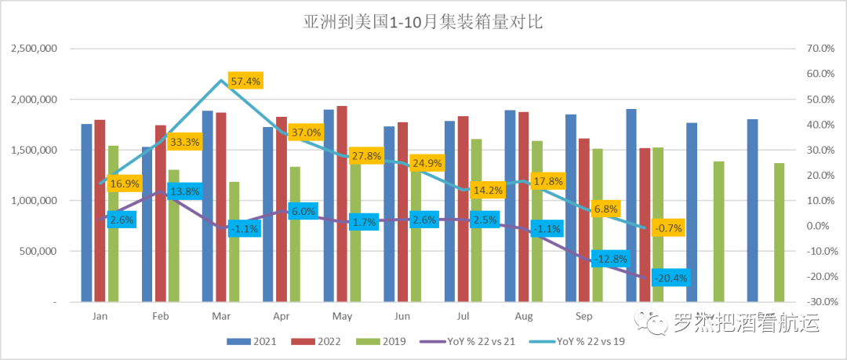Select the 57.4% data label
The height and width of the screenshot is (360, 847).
tap(245, 81)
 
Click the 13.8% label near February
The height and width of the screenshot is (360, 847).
tap(185, 191)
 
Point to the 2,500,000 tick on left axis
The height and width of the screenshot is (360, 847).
tap(35, 49)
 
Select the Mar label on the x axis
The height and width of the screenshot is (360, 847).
tap(220, 316)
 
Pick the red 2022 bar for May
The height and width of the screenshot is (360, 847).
tap(342, 203)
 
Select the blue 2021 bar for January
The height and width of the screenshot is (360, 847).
tap(86, 213)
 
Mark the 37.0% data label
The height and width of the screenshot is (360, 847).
tap(305, 133)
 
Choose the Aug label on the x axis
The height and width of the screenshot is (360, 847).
tap(522, 316)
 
